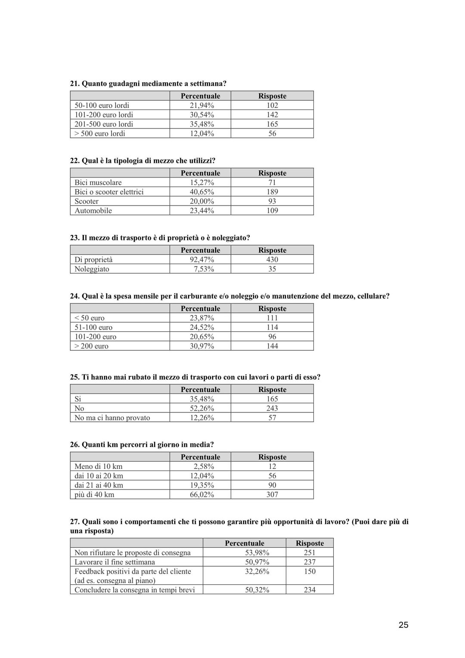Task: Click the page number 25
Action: (x=403, y=625)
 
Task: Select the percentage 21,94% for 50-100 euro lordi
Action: (x=201, y=105)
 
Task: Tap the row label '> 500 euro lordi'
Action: (x=100, y=134)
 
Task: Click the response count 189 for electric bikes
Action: (x=272, y=192)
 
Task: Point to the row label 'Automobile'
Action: (x=93, y=211)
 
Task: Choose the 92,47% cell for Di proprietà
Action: (x=201, y=259)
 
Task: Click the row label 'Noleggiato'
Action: (x=92, y=269)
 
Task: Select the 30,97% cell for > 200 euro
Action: (x=201, y=346)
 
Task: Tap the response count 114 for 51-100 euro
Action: (x=272, y=327)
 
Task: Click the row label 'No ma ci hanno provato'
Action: (x=112, y=418)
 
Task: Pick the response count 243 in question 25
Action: (x=272, y=408)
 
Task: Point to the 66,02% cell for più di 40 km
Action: (x=201, y=494)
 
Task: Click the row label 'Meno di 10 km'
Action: (x=99, y=466)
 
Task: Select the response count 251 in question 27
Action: (x=310, y=552)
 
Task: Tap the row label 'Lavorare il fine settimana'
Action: (x=115, y=562)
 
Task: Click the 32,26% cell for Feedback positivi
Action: (x=257, y=571)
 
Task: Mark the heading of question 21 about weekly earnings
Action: (x=148, y=84)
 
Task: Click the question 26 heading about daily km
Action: (x=142, y=444)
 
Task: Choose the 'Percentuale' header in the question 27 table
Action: (x=245, y=543)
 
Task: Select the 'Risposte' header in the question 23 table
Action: (x=272, y=250)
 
